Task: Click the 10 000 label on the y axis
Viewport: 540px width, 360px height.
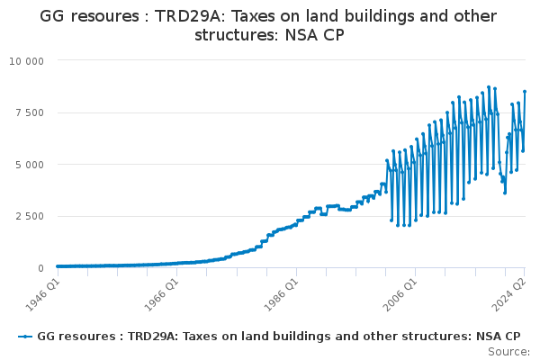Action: click(26, 61)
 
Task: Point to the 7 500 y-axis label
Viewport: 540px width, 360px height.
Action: click(30, 113)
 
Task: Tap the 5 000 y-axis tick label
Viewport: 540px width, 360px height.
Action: click(30, 165)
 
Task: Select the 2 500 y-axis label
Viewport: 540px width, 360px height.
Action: click(30, 216)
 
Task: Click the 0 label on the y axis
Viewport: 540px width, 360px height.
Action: click(41, 268)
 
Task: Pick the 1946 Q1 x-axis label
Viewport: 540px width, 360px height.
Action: click(42, 294)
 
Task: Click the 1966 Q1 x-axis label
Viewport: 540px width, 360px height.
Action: click(161, 294)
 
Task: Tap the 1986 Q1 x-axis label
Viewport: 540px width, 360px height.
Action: click(281, 294)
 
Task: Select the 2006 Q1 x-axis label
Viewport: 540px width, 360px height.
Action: click(400, 294)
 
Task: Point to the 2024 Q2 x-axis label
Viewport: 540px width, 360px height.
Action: click(509, 294)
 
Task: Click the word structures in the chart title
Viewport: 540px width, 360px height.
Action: click(236, 35)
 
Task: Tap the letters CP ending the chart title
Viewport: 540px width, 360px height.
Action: click(333, 35)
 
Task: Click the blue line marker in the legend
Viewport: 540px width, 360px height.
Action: click(25, 337)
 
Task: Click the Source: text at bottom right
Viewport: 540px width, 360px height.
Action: click(508, 352)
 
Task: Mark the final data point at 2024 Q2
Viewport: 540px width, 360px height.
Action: click(525, 92)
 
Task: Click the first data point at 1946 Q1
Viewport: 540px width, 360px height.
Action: click(58, 266)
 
